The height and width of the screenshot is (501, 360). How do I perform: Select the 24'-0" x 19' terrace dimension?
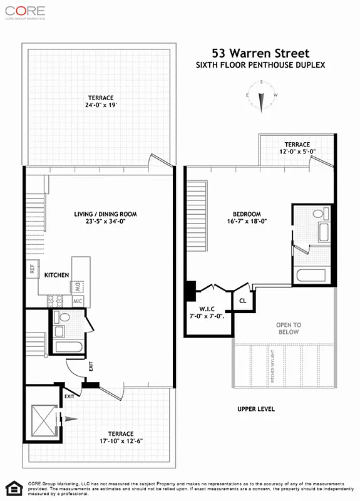(x=100, y=106)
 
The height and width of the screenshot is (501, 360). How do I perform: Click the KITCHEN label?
(x=56, y=275)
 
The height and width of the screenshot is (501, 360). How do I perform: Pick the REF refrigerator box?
(x=31, y=269)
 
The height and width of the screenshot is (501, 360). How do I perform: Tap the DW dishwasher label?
(x=78, y=287)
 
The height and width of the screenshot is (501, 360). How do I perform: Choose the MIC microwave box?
(x=78, y=301)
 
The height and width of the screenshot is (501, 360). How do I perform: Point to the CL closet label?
(x=243, y=301)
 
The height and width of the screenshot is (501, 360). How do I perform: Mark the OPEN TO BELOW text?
(x=289, y=328)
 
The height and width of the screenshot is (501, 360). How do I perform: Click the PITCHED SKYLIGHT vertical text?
(x=272, y=366)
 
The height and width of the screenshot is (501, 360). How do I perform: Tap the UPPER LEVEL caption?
(x=255, y=409)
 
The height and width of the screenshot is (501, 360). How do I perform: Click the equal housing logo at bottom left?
(x=12, y=488)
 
